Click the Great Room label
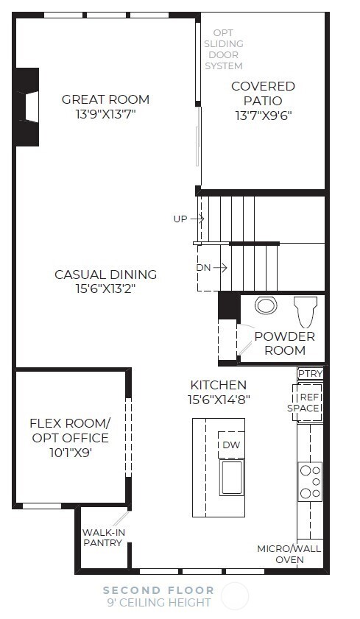point(105,99)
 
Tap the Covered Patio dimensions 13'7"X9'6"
point(263,116)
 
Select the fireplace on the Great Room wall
point(28,107)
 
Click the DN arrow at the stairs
point(213,268)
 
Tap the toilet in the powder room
point(305,310)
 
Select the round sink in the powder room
point(265,305)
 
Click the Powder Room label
point(284,343)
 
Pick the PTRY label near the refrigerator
point(310,374)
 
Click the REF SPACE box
point(309,403)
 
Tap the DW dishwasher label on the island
point(231,445)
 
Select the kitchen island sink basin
point(232,477)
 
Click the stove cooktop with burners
point(310,481)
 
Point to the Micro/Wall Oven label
point(289,554)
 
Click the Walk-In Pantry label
point(102,537)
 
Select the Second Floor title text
point(158,590)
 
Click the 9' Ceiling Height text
point(158,603)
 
